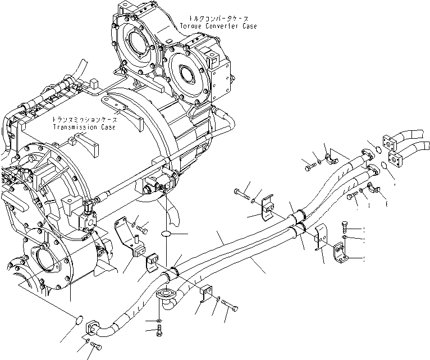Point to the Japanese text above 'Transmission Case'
[x=85, y=120]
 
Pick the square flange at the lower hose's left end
[x=93, y=327]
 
